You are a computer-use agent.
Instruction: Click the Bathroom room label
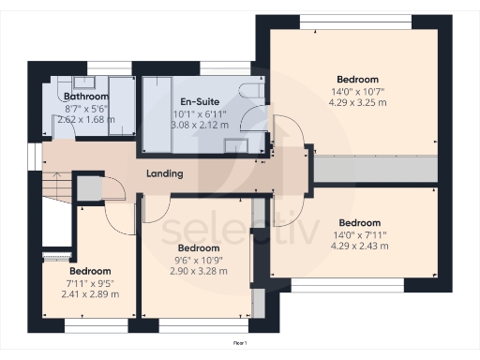tap(85, 97)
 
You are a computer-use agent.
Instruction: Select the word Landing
tap(164, 174)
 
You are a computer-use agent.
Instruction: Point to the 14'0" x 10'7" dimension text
tap(359, 91)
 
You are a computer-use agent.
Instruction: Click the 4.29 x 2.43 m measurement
tap(359, 246)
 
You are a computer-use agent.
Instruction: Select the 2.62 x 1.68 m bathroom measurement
tap(85, 119)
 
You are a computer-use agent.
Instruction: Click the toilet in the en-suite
tap(249, 89)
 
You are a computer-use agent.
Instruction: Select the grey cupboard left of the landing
tap(88, 188)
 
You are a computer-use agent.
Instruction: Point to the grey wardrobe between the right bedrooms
tap(375, 170)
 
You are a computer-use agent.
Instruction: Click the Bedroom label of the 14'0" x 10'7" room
tap(359, 79)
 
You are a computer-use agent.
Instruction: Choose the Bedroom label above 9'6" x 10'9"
tap(199, 248)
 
